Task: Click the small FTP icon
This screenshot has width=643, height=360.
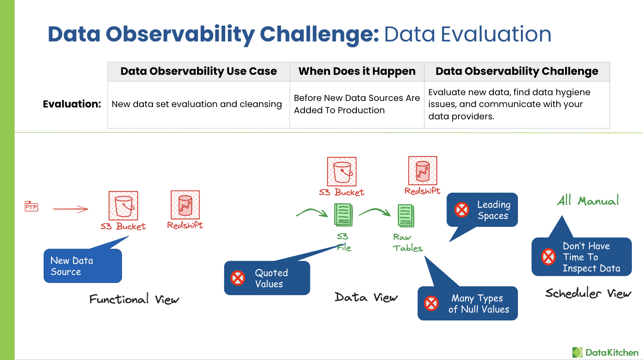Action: pos(31,206)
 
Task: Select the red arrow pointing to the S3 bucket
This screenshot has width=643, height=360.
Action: pos(70,209)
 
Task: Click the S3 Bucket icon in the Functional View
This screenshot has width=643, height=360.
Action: pos(123,206)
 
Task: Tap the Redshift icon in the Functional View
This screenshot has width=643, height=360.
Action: pos(185,205)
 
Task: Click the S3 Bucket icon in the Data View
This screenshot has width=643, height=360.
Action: pos(341,172)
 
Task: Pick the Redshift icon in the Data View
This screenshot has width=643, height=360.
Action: pos(422,171)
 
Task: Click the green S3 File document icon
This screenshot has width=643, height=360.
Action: pos(343,215)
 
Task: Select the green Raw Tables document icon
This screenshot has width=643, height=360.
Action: pos(406,216)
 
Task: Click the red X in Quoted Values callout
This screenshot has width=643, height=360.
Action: pos(238,278)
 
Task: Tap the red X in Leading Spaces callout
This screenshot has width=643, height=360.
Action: pos(462,210)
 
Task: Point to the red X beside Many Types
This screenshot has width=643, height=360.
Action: pos(431,303)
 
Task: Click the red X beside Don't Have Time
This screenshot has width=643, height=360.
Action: pos(548,257)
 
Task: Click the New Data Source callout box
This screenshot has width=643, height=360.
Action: pos(82,266)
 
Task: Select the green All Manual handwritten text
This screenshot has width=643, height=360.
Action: pos(587,200)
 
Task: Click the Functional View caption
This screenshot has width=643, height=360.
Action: pos(134,299)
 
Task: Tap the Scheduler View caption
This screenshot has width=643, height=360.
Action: pos(588,293)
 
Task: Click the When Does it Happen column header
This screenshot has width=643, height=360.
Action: pos(357,71)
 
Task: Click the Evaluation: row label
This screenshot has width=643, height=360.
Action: pos(72,104)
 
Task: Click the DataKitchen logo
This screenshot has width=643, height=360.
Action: pos(605,352)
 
